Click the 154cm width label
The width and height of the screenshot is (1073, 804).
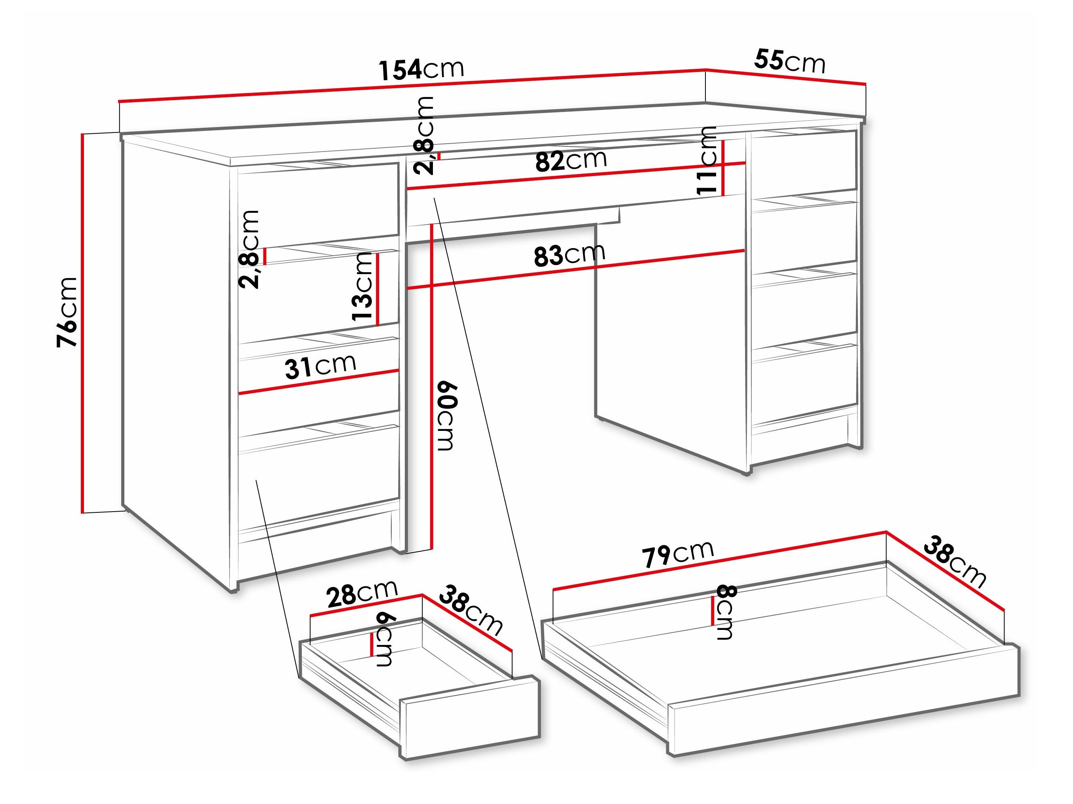click(x=421, y=69)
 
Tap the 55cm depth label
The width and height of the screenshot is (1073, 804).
click(x=789, y=62)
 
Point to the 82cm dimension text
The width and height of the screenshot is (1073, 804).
click(x=571, y=160)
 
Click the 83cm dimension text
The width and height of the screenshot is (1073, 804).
click(x=570, y=255)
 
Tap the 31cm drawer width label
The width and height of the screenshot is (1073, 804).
click(x=320, y=367)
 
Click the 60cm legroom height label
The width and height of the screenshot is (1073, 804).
click(x=447, y=416)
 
